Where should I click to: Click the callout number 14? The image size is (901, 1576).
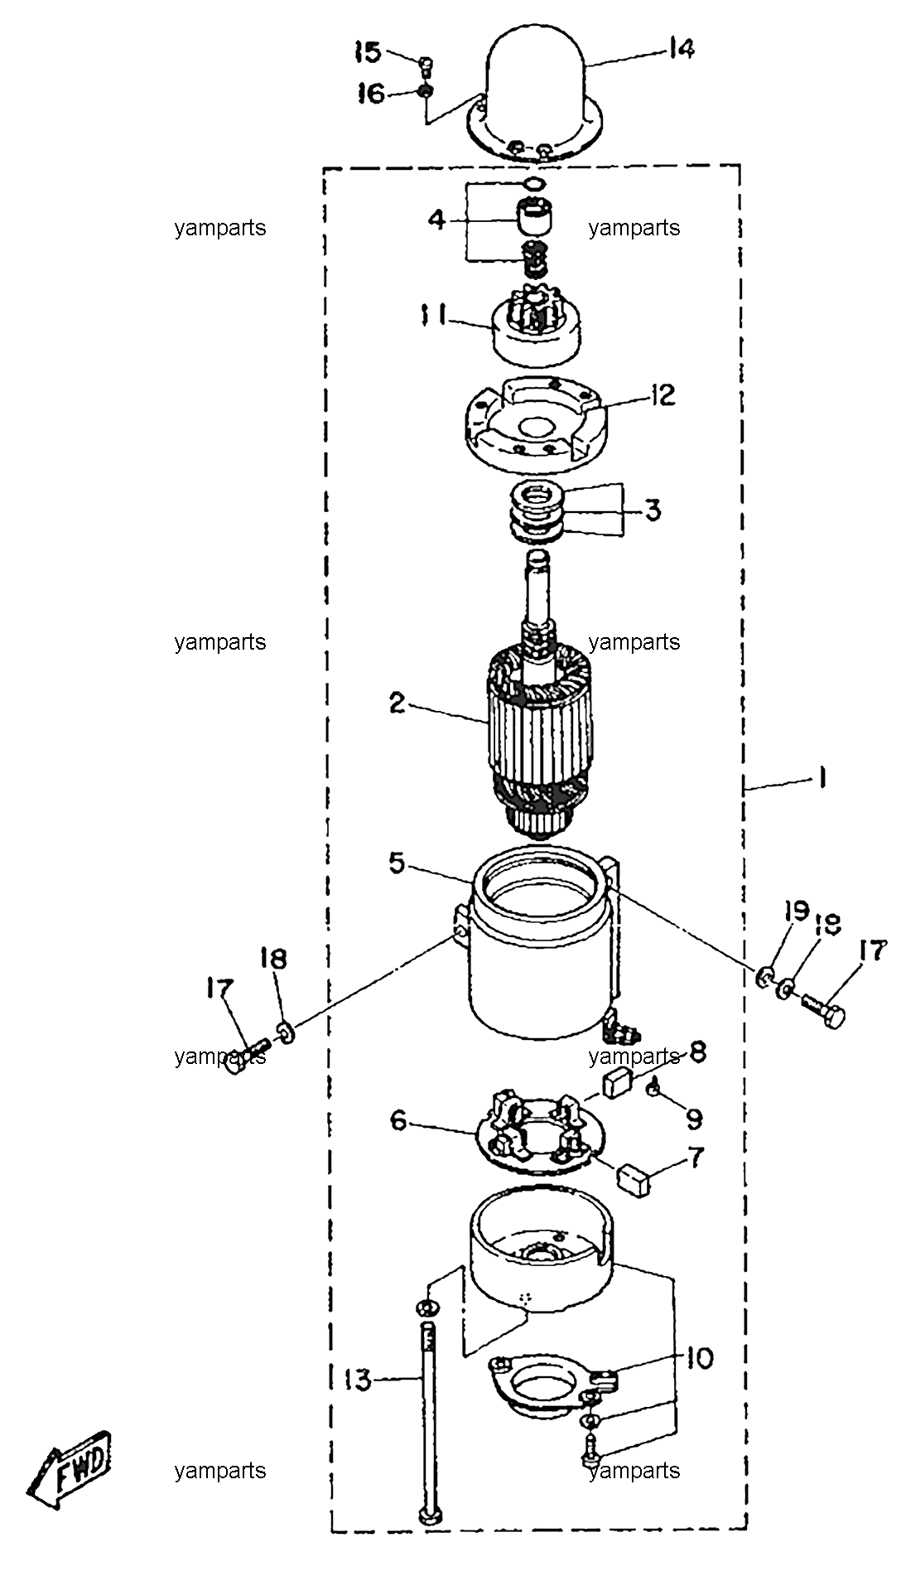681,49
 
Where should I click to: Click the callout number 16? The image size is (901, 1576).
370,94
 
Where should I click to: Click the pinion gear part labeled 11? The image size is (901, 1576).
536,326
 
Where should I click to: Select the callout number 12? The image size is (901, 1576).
662,394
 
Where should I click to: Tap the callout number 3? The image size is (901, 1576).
653,510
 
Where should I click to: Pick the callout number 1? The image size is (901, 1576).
821,779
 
